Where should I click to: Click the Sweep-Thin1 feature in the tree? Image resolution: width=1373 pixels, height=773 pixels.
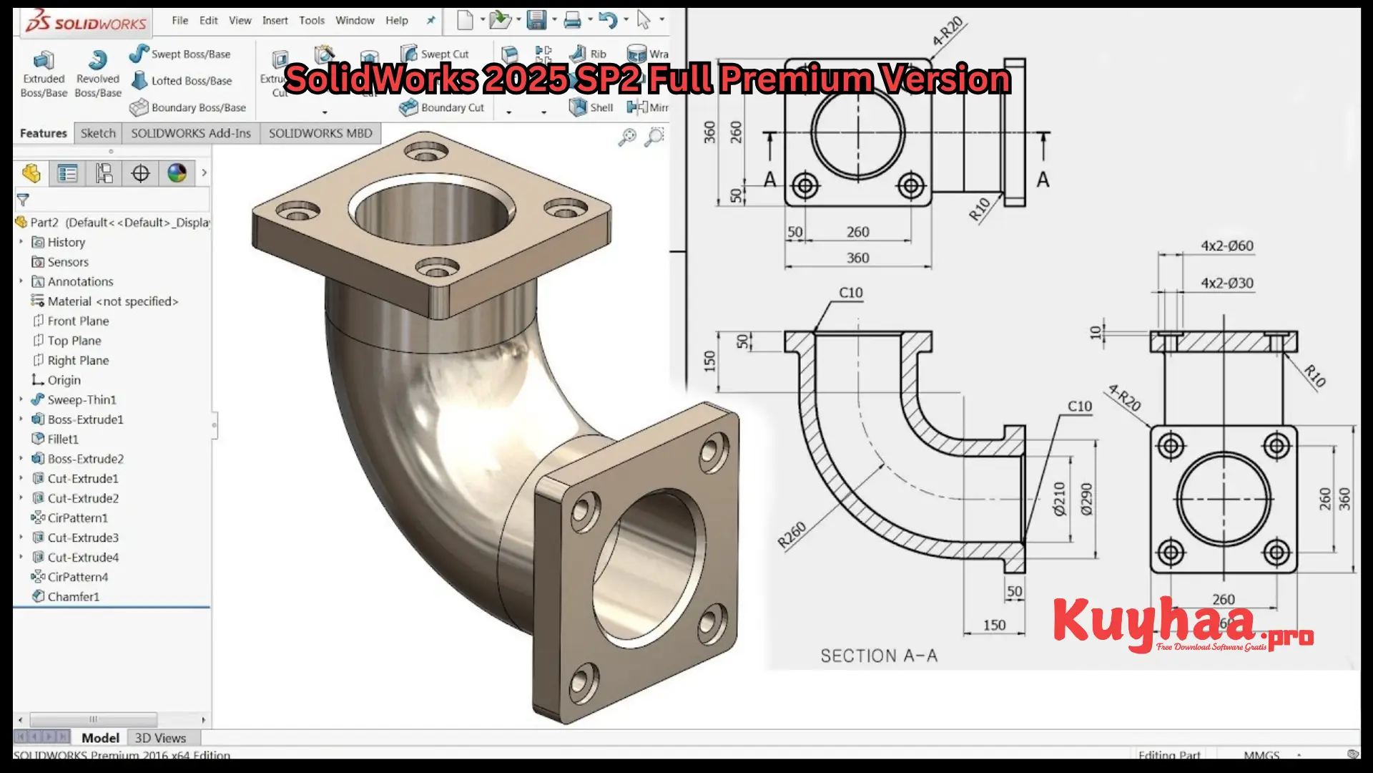81,399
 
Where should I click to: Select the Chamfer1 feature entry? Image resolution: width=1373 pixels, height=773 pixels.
73,596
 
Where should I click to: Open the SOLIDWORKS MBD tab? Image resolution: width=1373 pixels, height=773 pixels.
320,133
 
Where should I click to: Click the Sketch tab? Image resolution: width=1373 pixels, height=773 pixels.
98,133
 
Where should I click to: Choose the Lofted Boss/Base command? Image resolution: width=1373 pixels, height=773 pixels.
190,81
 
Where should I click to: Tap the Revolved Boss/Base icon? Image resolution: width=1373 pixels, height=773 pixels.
98,61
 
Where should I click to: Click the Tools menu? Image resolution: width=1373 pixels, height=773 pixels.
312,20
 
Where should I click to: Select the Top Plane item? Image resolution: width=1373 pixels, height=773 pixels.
74,341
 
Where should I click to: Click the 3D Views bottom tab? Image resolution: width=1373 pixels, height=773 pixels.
160,738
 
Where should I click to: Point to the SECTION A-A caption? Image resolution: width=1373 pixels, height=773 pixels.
878,656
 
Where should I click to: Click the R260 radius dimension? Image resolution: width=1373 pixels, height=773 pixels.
792,535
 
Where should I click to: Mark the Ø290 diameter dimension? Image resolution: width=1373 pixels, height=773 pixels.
1087,499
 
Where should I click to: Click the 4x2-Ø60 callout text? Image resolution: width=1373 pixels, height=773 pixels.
1226,245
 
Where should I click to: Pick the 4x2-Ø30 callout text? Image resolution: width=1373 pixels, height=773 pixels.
1226,283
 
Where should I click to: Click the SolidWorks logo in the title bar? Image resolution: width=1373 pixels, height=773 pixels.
86,23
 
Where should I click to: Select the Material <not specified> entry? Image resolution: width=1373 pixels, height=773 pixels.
112,301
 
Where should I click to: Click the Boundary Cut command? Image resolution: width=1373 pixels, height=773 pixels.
451,107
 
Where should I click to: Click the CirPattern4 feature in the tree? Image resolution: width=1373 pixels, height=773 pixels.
77,577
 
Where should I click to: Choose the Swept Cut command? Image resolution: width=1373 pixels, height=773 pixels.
444,54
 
